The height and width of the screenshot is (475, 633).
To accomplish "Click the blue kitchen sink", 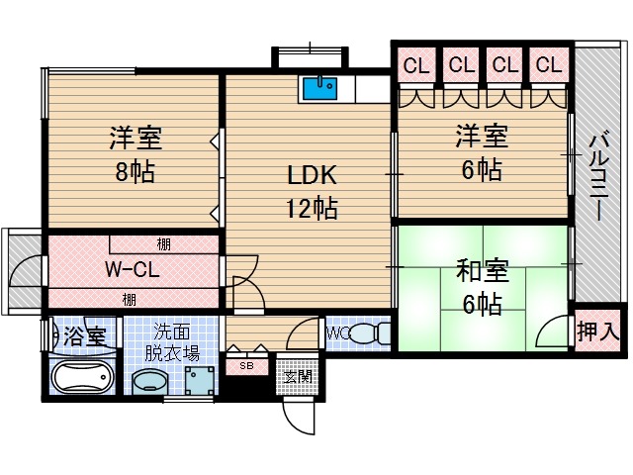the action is [319, 89].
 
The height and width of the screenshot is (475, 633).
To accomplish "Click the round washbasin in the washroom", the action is [149, 382].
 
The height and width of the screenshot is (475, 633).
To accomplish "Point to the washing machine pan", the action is [200, 380].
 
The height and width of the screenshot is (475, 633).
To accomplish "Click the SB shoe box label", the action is [246, 366].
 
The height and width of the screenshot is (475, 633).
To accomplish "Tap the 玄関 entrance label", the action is [297, 377].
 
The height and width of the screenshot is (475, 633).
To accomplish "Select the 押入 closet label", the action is [597, 331].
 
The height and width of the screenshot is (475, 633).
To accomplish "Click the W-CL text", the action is [132, 269].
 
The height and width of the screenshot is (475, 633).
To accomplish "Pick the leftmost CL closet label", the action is [416, 65].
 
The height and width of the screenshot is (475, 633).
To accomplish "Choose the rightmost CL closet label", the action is [549, 64].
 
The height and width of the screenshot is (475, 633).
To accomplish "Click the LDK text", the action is [312, 175].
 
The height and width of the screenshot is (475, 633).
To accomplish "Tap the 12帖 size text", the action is [312, 208].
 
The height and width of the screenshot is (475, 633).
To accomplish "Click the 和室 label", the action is [483, 271].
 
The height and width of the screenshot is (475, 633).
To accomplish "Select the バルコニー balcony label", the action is [598, 176].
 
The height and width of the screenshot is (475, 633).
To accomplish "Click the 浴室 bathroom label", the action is [85, 336].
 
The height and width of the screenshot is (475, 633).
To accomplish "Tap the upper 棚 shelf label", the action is [163, 244].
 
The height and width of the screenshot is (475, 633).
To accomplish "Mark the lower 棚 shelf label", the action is [130, 300].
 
